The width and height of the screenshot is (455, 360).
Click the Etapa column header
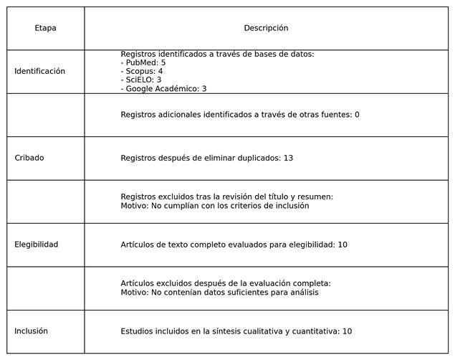tap(45, 28)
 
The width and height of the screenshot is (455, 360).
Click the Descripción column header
tap(266, 28)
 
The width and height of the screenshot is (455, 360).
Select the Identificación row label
tap(39, 71)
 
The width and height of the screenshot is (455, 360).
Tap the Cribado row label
tap(29, 158)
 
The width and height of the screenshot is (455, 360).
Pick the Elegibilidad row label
tap(37, 245)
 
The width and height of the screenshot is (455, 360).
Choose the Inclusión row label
tap(31, 331)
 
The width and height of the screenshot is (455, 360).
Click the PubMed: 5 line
tap(143, 63)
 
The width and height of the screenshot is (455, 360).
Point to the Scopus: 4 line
tap(142, 72)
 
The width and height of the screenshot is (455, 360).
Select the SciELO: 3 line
tap(141, 80)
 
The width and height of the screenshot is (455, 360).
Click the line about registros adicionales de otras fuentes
tap(240, 115)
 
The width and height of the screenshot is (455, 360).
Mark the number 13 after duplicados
tap(288, 158)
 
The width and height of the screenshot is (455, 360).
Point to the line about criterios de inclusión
tap(215, 206)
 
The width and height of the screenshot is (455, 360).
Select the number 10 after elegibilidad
tap(343, 245)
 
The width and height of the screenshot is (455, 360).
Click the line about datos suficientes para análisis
tap(219, 293)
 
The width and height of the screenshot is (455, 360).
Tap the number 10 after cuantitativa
tap(347, 331)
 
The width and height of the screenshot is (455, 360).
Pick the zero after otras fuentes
tap(357, 115)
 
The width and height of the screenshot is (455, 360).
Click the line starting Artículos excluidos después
tap(226, 283)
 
